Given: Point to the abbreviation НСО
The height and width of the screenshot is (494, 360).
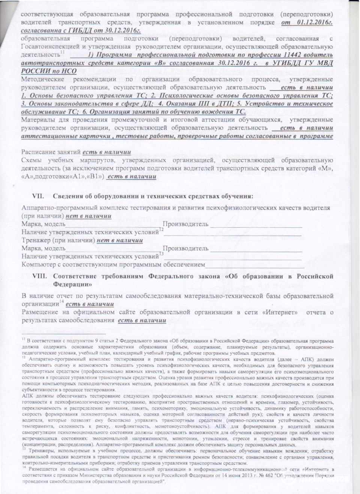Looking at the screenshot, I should click(69, 71).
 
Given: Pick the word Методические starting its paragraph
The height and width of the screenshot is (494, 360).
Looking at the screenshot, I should click(42, 80).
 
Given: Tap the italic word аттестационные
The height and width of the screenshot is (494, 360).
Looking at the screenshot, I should click(45, 136).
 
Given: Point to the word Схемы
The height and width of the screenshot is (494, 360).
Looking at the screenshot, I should click(31, 161).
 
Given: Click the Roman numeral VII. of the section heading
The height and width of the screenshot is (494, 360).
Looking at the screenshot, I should click(38, 196).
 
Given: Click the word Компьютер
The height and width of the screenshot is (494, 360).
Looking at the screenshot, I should click(39, 265).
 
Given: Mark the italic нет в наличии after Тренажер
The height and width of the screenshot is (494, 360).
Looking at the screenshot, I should click(120, 240).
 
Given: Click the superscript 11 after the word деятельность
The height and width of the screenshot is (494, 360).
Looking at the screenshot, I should click(62, 53).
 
